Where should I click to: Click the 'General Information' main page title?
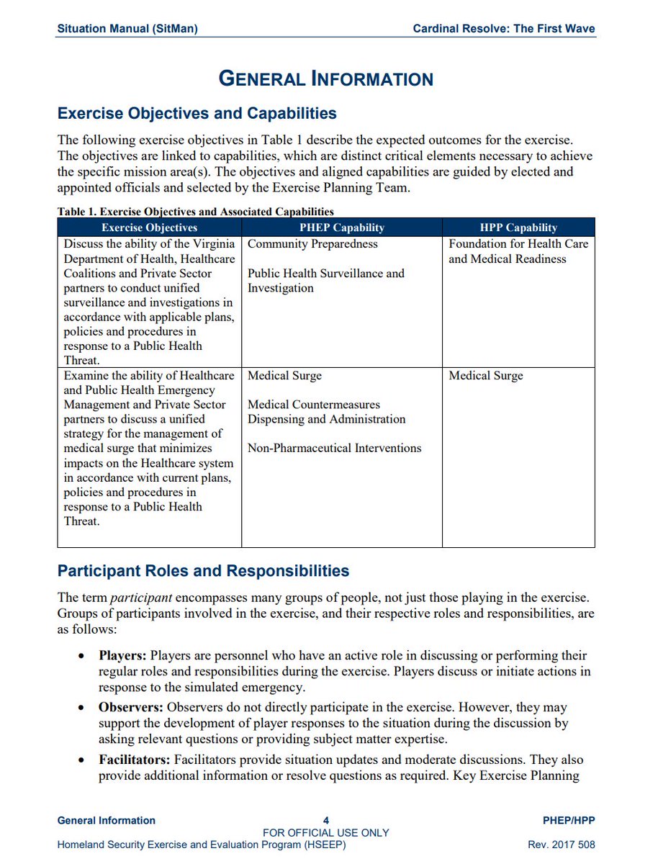pos(326,78)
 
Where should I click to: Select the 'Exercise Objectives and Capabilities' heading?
pos(197,114)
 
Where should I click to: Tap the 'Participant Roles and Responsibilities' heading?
pos(203,571)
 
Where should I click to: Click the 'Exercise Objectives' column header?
pos(149,228)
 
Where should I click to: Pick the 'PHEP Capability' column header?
pos(341,228)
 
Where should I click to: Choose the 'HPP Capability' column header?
pos(518,228)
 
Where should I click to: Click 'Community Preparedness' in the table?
pos(312,244)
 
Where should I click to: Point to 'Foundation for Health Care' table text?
pos(518,244)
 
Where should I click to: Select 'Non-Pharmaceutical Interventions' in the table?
pos(334,448)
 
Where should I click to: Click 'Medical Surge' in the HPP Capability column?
pos(486,376)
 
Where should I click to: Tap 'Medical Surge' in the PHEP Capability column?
pos(284,376)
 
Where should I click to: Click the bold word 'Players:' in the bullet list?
pos(122,656)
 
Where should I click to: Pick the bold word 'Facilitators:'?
pos(135,760)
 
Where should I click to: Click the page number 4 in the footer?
pos(326,820)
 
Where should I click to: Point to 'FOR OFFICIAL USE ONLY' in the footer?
pos(326,832)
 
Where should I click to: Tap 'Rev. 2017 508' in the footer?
pos(562,845)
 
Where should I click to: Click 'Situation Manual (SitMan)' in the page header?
pos(127,30)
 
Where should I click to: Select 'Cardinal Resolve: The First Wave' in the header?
pos(504,30)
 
